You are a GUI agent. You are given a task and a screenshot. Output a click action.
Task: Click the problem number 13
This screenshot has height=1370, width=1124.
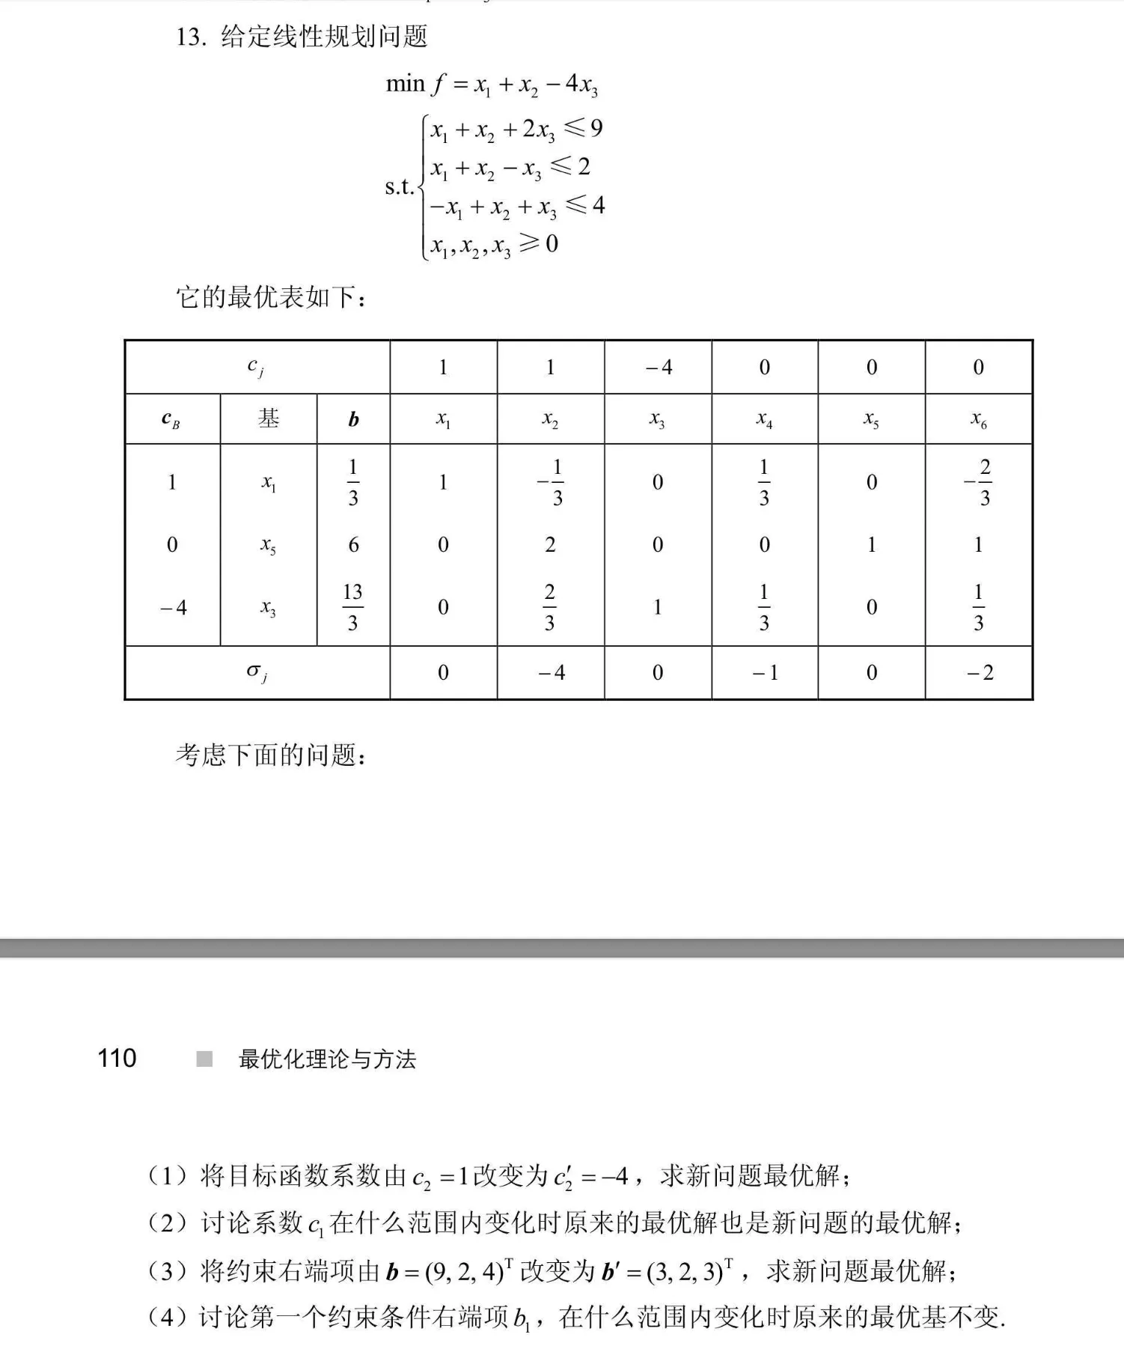190,37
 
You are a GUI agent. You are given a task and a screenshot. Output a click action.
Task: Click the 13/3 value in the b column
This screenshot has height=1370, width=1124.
352,607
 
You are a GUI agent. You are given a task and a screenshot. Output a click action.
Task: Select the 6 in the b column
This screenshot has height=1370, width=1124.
353,544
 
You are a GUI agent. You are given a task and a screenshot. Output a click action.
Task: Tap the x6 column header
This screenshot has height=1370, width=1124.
978,420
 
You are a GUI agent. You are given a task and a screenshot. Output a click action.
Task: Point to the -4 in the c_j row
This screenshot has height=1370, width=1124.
658,367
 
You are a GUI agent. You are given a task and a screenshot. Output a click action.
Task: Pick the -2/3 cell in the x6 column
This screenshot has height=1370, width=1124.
979,482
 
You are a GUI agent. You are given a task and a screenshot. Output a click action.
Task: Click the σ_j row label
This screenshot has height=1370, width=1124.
257,672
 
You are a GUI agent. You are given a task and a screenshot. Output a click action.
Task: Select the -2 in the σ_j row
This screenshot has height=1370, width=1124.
979,672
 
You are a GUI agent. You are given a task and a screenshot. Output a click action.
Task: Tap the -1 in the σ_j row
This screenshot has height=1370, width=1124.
764,672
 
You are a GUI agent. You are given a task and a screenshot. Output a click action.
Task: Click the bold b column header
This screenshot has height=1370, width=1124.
353,420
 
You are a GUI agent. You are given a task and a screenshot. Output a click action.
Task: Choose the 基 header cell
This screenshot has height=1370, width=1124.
269,418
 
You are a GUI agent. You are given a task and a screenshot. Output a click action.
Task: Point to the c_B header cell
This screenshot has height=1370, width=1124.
171,420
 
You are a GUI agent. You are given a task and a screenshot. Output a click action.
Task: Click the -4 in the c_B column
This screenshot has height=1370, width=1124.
172,607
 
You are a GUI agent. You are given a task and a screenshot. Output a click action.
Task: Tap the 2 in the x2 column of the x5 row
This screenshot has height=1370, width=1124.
550,544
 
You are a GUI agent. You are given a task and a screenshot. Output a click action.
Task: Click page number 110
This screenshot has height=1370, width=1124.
117,1058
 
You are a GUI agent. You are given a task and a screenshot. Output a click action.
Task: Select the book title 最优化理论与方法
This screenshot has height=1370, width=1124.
327,1059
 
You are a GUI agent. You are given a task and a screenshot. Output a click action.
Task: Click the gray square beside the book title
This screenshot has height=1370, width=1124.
204,1059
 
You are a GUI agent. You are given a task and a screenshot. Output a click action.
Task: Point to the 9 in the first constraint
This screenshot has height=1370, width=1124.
596,128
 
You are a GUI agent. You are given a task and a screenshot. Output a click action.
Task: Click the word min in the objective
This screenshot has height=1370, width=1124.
405,84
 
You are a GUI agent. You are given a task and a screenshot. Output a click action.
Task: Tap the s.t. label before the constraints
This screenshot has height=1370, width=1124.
400,186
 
